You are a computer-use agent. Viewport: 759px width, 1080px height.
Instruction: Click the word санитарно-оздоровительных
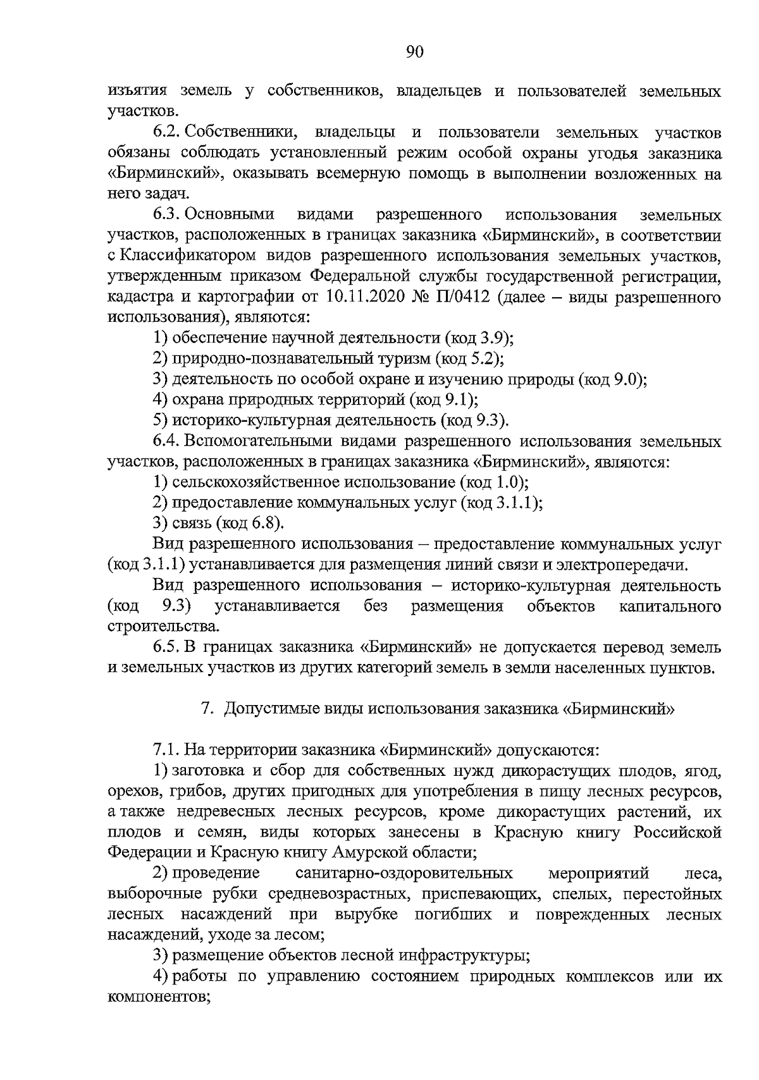pyautogui.click(x=404, y=873)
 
